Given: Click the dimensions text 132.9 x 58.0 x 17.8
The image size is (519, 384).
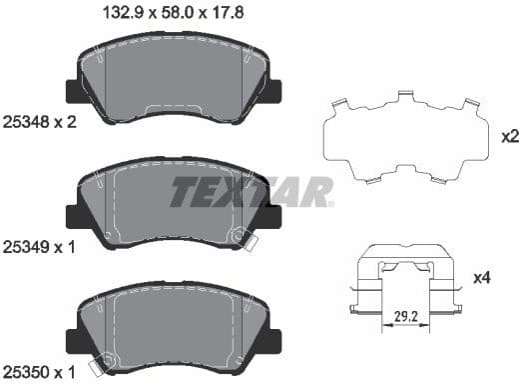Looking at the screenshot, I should [x=174, y=12].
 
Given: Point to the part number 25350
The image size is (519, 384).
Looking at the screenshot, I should [x=22, y=372].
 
